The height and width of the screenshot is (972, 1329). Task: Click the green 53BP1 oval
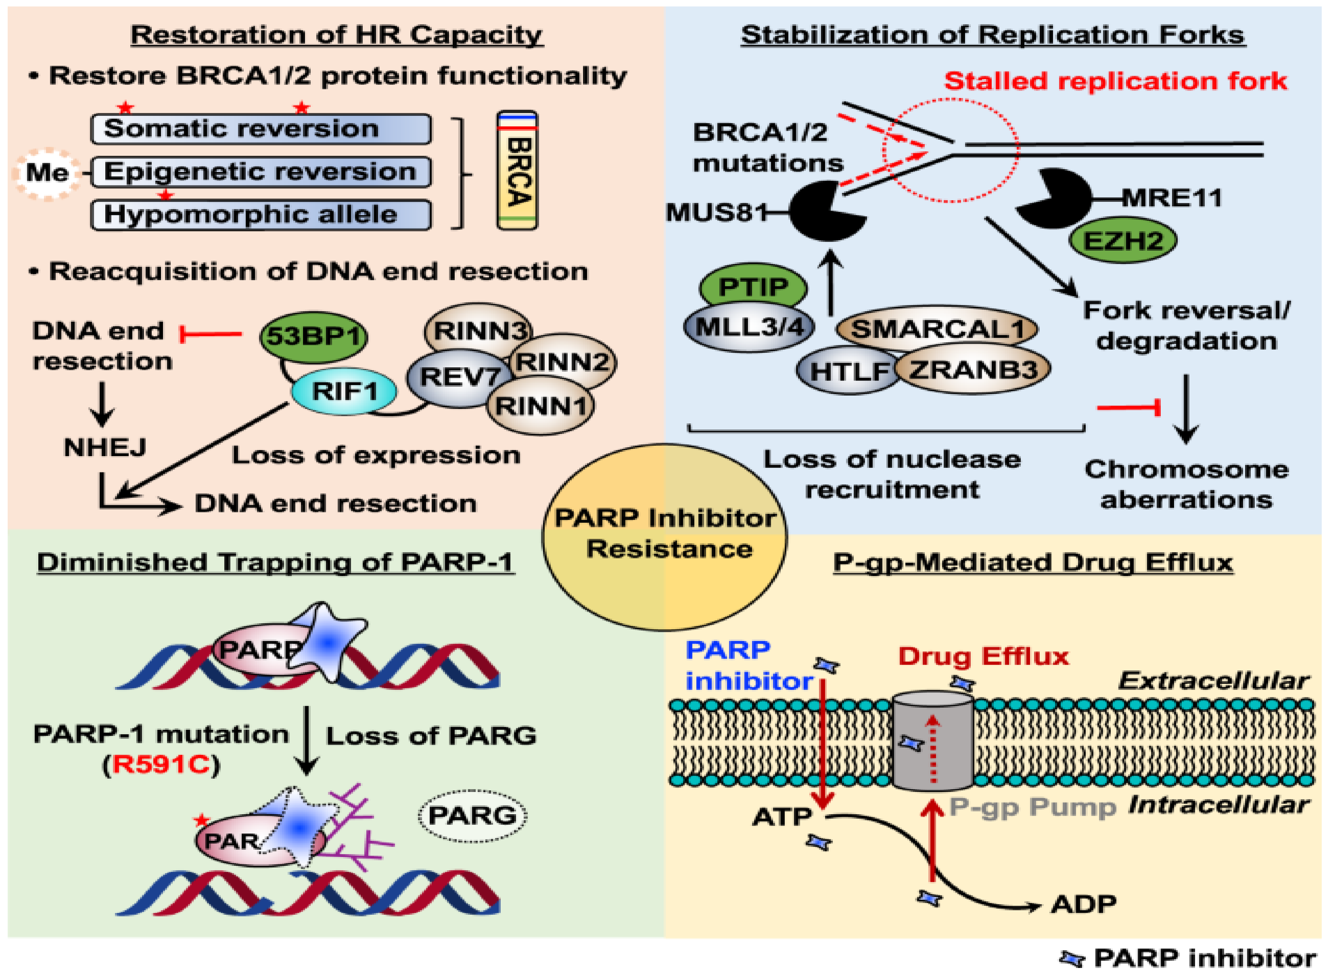[313, 337]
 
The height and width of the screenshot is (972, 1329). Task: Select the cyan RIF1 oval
[344, 391]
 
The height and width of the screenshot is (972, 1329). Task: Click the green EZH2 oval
[1122, 241]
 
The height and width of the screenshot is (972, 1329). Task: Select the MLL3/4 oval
[748, 327]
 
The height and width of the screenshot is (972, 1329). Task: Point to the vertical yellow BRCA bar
[517, 171]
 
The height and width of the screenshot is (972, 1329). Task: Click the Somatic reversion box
[261, 129]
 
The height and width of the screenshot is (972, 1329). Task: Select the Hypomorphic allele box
[261, 215]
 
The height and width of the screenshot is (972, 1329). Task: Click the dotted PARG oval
[472, 815]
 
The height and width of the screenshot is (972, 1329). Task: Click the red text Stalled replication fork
[1115, 81]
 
